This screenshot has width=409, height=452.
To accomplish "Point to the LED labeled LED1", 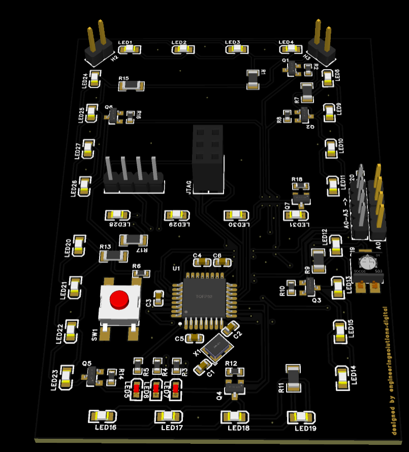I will click(x=130, y=49).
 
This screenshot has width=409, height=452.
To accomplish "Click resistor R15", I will click(x=131, y=85).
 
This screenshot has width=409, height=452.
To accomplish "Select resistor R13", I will click(x=113, y=255).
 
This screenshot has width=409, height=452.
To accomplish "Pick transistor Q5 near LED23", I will click(x=92, y=376).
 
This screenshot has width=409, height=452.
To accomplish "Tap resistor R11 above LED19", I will click(x=293, y=379).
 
